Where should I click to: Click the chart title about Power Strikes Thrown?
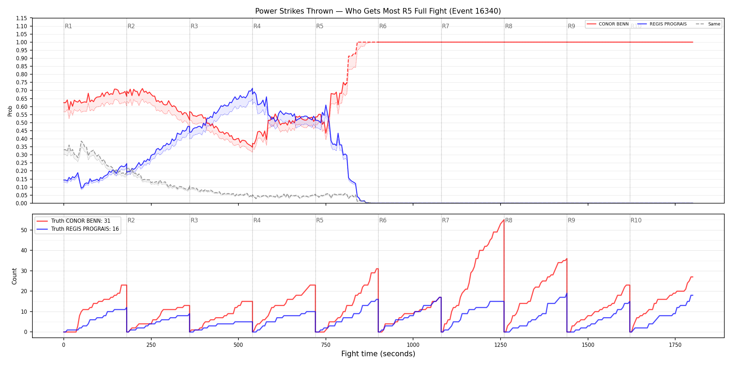tap(378, 11)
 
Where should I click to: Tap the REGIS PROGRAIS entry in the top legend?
tap(662, 24)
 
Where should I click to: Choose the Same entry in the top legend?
tap(708, 24)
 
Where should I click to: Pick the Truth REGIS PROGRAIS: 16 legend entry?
tap(78, 229)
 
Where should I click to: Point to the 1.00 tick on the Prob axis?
tap(22, 42)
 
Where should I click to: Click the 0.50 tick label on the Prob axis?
tap(22, 123)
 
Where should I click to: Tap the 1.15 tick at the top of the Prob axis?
tap(22, 18)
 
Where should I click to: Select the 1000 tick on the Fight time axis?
tap(413, 345)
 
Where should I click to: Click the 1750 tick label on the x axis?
tap(675, 345)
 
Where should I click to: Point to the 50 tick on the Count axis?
tap(24, 230)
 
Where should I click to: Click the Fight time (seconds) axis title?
tap(378, 354)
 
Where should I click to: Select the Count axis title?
tap(14, 276)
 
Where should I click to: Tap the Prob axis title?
tap(10, 111)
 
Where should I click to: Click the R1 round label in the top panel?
tap(68, 26)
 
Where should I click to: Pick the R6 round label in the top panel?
tap(383, 26)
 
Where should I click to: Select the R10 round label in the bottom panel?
tap(636, 220)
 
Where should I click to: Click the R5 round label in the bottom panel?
tap(320, 220)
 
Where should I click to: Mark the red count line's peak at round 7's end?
tap(504, 220)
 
